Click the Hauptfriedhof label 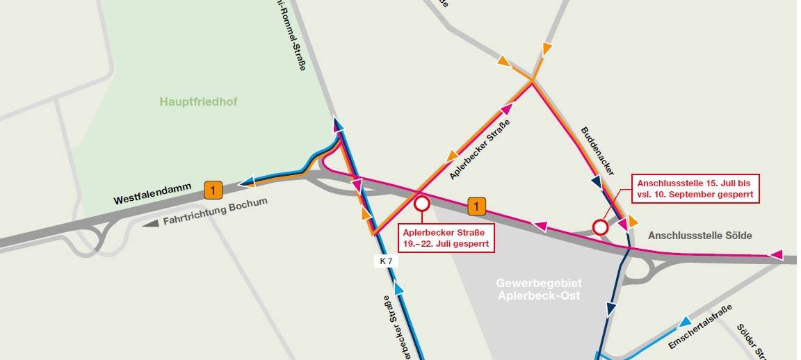coord(198,102)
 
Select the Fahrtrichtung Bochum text coord(215,213)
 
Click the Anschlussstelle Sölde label coord(699,236)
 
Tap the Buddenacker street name coord(597,150)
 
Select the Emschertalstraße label coord(700,327)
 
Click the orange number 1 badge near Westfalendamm coord(213,188)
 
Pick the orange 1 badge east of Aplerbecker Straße coord(476,206)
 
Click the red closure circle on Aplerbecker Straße coord(421,204)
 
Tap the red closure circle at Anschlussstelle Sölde coord(601,227)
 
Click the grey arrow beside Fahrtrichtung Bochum coord(150,224)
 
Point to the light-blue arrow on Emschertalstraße coord(685,322)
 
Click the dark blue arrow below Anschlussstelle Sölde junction coord(612,308)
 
